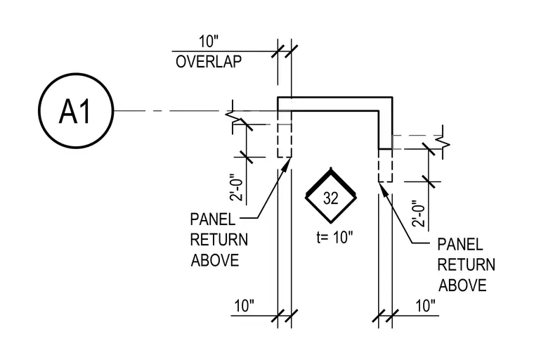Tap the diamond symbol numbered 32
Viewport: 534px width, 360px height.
click(x=331, y=196)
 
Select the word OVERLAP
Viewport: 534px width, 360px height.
click(x=209, y=62)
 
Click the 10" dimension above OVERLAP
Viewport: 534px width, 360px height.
click(x=209, y=41)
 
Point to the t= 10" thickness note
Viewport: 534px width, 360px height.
click(x=334, y=237)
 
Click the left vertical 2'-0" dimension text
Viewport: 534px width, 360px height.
click(x=237, y=188)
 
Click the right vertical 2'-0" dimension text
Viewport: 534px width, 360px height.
click(x=419, y=214)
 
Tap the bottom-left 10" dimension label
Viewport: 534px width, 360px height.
click(x=245, y=306)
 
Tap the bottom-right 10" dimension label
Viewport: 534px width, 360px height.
click(x=425, y=306)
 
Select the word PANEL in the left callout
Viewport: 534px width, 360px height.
click(x=212, y=219)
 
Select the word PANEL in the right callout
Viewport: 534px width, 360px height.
click(x=460, y=245)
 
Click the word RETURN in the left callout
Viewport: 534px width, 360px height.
click(x=219, y=240)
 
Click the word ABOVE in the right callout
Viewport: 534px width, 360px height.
click(x=462, y=285)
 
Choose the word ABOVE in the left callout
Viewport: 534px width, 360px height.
click(x=215, y=260)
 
